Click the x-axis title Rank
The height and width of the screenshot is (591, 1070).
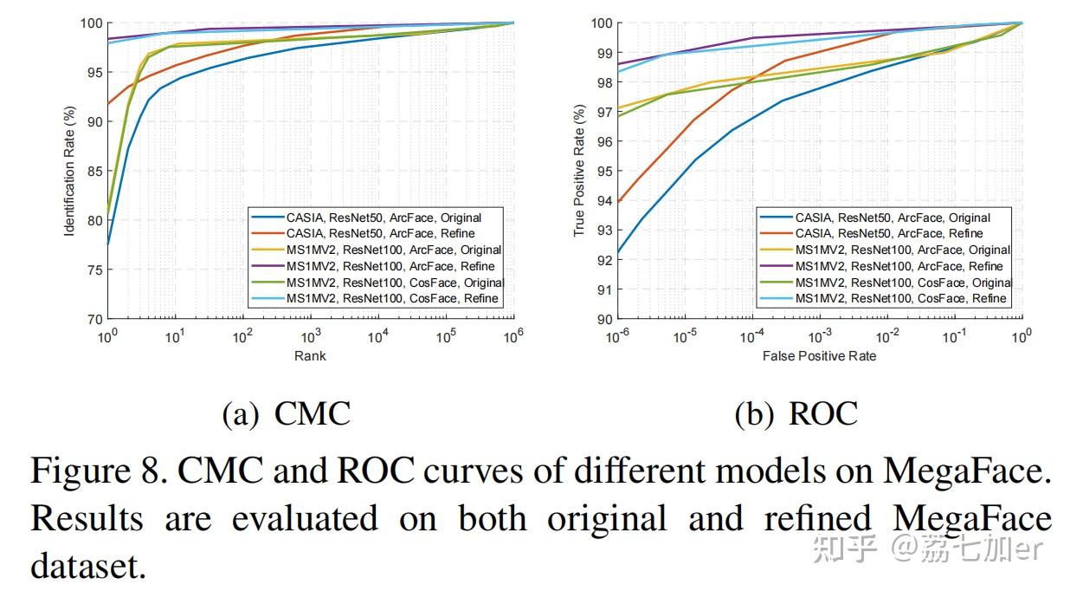[311, 355]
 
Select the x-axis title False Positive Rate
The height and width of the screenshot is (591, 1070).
[819, 355]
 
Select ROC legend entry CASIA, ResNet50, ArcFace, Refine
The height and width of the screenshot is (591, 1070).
[889, 234]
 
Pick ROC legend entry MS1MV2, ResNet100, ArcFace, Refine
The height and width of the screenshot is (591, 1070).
[899, 266]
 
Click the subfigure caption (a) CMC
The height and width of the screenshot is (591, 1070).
[287, 414]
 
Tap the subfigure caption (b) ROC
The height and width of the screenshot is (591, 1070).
[796, 414]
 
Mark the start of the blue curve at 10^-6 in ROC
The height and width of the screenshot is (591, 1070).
[617, 253]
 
